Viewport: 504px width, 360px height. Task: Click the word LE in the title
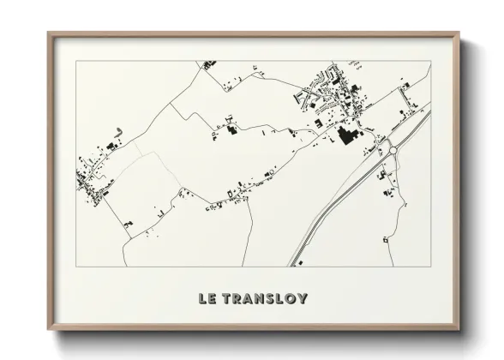[207, 299]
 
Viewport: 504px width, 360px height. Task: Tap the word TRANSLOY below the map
[265, 299]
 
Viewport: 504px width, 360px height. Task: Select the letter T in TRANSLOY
[227, 299]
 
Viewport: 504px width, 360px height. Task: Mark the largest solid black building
[347, 135]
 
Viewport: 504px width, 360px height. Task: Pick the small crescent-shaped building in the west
[117, 131]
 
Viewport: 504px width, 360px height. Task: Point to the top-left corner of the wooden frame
[49, 33]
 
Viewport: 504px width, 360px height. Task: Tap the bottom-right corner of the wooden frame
[460, 330]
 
